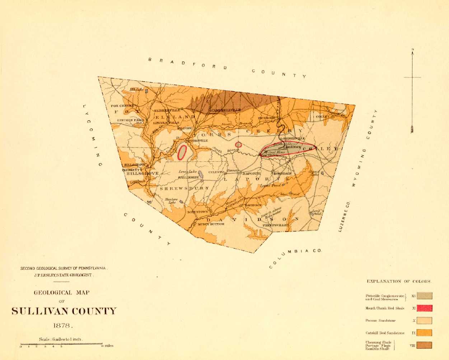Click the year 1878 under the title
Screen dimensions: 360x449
click(x=63, y=326)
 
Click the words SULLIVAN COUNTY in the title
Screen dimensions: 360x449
click(x=64, y=311)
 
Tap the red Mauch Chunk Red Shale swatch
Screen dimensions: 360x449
click(x=424, y=308)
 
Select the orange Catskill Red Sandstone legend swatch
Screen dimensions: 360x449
click(x=424, y=333)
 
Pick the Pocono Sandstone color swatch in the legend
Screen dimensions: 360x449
click(x=424, y=320)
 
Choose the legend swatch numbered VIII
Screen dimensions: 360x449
click(x=424, y=345)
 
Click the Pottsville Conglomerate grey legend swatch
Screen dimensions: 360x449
click(x=424, y=296)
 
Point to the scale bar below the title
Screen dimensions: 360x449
click(x=61, y=344)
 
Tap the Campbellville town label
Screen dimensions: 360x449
click(x=225, y=110)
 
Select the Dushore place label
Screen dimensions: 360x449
click(x=267, y=118)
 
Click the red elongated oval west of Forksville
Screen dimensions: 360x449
click(x=182, y=152)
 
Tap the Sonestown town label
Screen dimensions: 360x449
click(x=197, y=212)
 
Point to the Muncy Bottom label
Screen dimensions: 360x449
click(x=211, y=224)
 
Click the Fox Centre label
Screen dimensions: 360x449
click(x=122, y=106)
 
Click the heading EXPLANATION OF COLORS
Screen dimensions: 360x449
click(x=398, y=281)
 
